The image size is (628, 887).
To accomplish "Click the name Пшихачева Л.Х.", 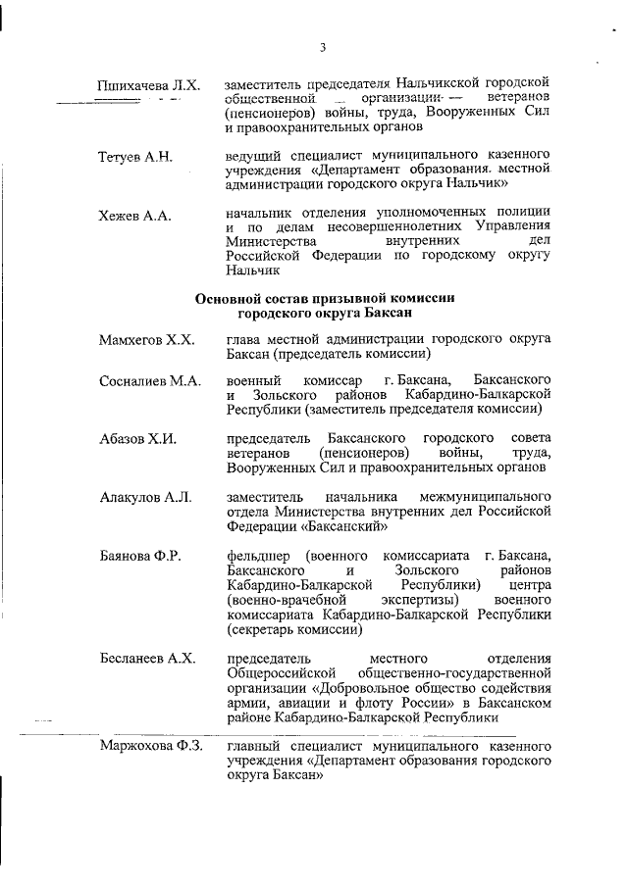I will pyautogui.click(x=149, y=86).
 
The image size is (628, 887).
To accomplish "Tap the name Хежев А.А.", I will pyautogui.click(x=134, y=216).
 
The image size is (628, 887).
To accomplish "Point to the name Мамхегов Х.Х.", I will pyautogui.click(x=147, y=340).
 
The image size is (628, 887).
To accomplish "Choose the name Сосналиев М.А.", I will pyautogui.click(x=150, y=381).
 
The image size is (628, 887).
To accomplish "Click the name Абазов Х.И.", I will pyautogui.click(x=138, y=439).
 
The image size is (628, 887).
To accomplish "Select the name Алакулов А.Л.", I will pyautogui.click(x=144, y=498).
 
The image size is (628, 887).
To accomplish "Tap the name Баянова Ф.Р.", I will pyautogui.click(x=139, y=557).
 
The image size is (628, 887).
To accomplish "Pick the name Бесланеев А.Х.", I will pyautogui.click(x=148, y=658).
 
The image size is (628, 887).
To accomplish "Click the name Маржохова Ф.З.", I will pyautogui.click(x=150, y=748).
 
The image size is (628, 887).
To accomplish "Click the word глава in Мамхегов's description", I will pyautogui.click(x=244, y=339).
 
